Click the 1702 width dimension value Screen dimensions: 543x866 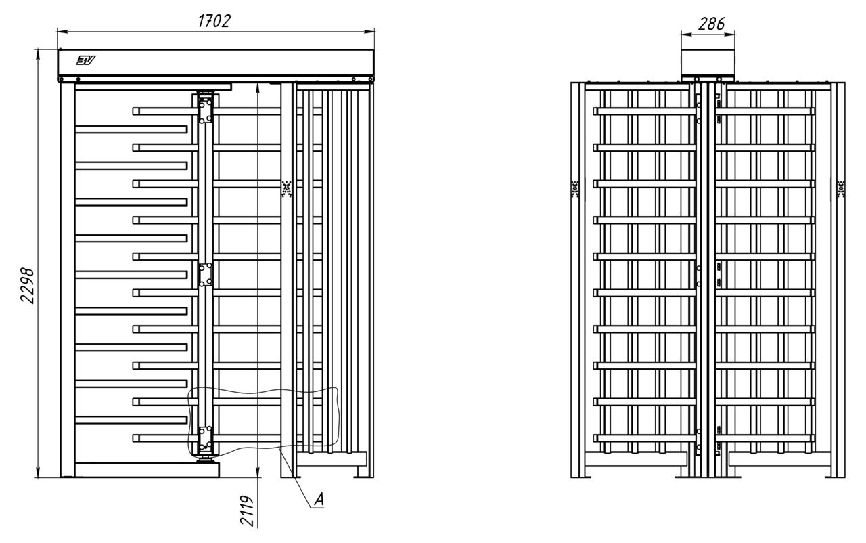pos(214,21)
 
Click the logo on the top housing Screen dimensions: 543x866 pos(86,60)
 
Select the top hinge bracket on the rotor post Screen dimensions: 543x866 pos(205,110)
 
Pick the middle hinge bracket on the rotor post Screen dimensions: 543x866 pos(205,275)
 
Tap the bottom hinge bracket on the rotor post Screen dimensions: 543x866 pos(205,439)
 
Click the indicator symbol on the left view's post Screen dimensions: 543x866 pos(287,188)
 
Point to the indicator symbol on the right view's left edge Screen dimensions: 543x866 pos(575,188)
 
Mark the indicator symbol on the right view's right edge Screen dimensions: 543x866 pos(840,188)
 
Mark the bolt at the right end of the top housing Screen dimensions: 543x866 pos(370,79)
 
